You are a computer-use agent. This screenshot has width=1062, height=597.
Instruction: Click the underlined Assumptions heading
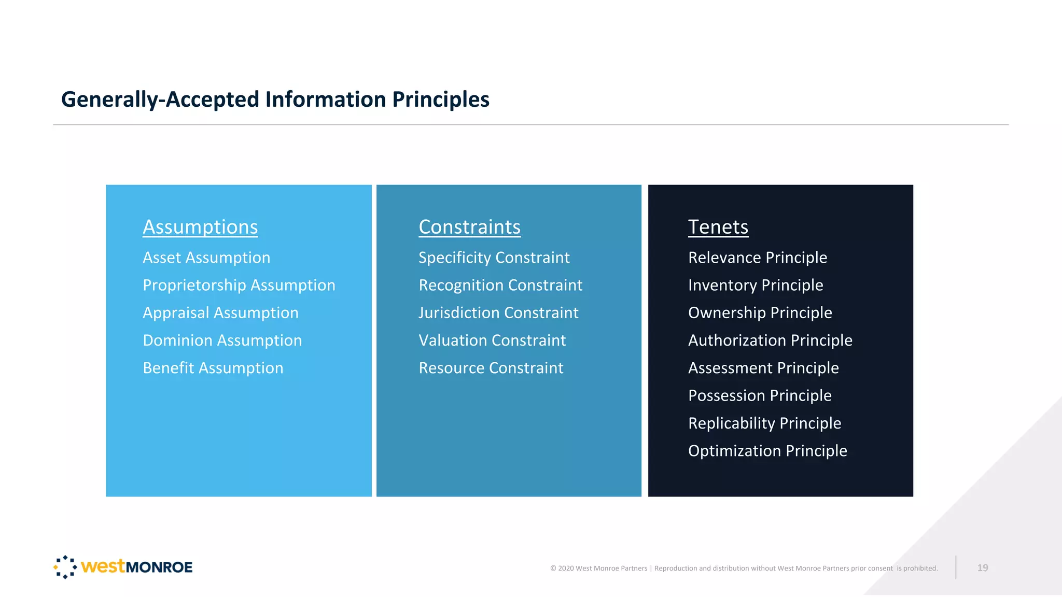[200, 227]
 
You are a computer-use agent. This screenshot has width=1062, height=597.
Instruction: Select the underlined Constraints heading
[469, 227]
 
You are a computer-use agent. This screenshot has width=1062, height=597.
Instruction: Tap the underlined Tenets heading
[718, 227]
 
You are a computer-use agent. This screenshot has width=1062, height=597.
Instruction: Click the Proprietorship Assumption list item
[239, 285]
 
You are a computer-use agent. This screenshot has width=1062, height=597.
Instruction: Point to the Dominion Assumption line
[222, 340]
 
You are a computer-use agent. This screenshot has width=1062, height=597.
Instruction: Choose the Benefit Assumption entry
[213, 368]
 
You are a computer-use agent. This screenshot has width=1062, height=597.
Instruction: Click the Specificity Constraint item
[494, 258]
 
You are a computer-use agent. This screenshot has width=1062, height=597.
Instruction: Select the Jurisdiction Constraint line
[498, 313]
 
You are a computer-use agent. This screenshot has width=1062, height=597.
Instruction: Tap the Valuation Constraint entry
[492, 340]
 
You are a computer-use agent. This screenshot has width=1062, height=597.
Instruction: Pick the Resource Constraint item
[491, 368]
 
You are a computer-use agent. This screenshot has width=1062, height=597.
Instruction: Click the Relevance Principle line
[757, 258]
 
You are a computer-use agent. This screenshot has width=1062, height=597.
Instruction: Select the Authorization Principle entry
[770, 340]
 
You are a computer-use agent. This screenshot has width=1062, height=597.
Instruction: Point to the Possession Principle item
[759, 395]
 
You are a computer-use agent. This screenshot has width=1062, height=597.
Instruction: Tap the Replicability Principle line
[764, 423]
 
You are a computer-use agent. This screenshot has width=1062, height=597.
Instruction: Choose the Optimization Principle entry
[767, 451]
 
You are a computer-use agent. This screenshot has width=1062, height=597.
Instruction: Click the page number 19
[982, 568]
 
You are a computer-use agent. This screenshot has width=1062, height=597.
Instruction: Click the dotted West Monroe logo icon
[65, 567]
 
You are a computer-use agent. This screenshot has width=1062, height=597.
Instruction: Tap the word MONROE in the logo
[159, 567]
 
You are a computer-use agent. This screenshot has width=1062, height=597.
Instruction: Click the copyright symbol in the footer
[553, 568]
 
